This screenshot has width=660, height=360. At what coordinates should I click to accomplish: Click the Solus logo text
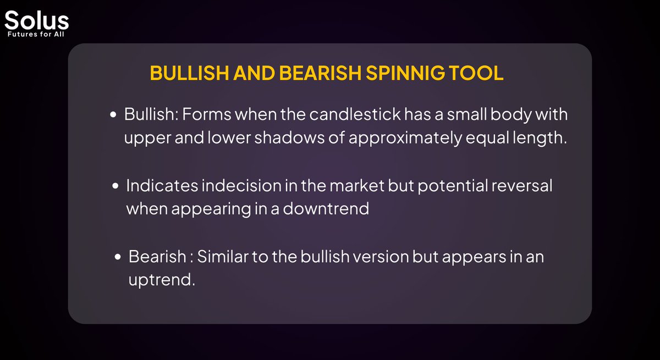(36, 21)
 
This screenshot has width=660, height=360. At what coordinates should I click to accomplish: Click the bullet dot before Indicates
(116, 187)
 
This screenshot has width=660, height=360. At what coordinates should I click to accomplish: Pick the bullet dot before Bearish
(118, 258)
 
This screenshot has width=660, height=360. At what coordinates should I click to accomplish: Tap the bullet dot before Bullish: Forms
(114, 116)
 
